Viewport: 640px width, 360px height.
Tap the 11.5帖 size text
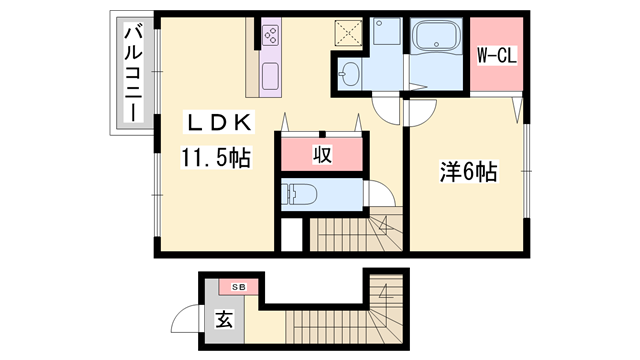click(215, 157)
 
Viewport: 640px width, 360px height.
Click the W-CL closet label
click(496, 56)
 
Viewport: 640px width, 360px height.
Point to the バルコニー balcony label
click(132, 75)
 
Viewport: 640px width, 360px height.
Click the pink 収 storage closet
click(321, 154)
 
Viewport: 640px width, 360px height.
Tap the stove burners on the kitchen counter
click(270, 37)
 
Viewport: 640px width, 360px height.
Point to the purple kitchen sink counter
click(270, 75)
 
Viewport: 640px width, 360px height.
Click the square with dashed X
click(351, 33)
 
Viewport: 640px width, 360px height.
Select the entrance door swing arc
click(184, 320)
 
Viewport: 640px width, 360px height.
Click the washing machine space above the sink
click(385, 38)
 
